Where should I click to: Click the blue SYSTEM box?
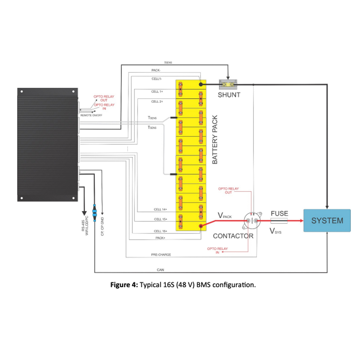327,220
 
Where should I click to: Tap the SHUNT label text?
229,95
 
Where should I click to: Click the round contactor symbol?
252,221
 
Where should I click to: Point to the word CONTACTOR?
233,236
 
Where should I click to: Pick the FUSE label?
279,213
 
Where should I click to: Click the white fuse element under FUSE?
279,221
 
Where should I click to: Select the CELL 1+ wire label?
157,91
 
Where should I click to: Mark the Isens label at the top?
168,63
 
